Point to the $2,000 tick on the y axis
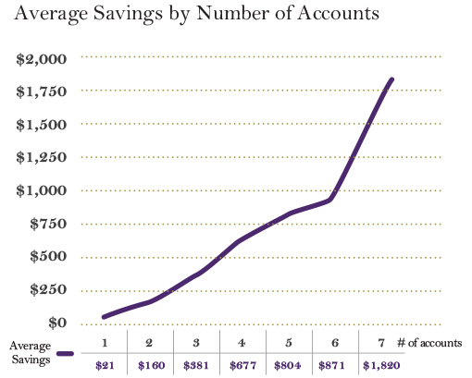pyautogui.click(x=42, y=58)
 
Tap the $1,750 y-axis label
pyautogui.click(x=42, y=91)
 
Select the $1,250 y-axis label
pyautogui.click(x=42, y=158)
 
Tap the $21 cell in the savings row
pyautogui.click(x=106, y=365)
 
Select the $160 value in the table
pyautogui.click(x=151, y=365)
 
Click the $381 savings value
pyautogui.click(x=196, y=365)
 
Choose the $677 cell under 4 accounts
pyautogui.click(x=242, y=365)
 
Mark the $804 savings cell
pyautogui.click(x=288, y=365)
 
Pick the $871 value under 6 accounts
pyautogui.click(x=333, y=365)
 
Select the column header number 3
pyautogui.click(x=196, y=343)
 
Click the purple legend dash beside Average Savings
pyautogui.click(x=65, y=353)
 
